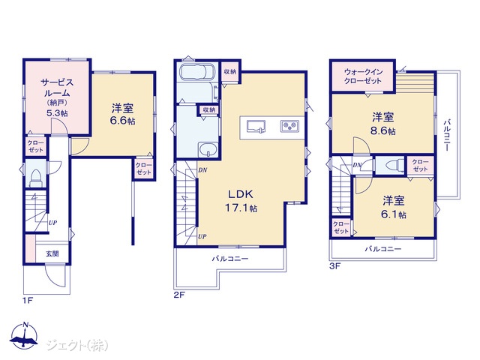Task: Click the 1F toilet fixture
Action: pyautogui.click(x=35, y=179)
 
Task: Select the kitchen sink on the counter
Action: pyautogui.click(x=256, y=127)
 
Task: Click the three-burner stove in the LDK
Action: pyautogui.click(x=289, y=125)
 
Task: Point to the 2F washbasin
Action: pyautogui.click(x=208, y=150)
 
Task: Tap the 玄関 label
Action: pyautogui.click(x=52, y=253)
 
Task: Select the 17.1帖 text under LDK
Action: pyautogui.click(x=241, y=208)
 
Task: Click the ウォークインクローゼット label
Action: pyautogui.click(x=363, y=76)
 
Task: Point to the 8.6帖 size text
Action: pyautogui.click(x=383, y=131)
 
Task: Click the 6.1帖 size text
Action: pyautogui.click(x=393, y=214)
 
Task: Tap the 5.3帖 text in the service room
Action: pyautogui.click(x=57, y=113)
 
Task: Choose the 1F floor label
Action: pyautogui.click(x=28, y=300)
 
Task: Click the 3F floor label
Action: pyautogui.click(x=335, y=266)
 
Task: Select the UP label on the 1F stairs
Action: pyautogui.click(x=52, y=223)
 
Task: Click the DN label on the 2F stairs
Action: pyautogui.click(x=202, y=170)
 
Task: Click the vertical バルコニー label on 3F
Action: pyautogui.click(x=447, y=135)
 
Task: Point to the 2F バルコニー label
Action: pyautogui.click(x=230, y=259)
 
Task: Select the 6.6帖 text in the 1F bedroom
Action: pyautogui.click(x=122, y=121)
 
